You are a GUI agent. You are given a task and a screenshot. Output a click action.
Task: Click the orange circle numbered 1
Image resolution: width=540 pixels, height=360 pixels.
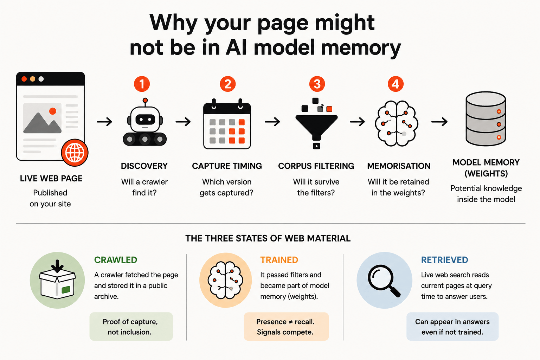[142, 84]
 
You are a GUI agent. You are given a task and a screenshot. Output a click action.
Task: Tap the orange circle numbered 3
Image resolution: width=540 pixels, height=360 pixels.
[317, 84]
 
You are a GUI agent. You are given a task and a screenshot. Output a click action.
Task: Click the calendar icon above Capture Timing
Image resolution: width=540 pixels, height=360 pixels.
[227, 124]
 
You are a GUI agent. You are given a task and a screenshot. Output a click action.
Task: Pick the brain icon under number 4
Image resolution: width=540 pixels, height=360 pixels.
[396, 123]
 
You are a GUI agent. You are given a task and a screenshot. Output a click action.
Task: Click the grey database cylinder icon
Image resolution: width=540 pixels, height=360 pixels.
[486, 118]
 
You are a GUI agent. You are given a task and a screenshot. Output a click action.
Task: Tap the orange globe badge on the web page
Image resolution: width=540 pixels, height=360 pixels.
[75, 153]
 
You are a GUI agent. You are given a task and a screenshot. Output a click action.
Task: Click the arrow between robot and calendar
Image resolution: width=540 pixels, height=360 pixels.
[183, 122]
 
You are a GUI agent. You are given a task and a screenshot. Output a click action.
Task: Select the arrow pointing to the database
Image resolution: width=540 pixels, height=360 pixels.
[439, 122]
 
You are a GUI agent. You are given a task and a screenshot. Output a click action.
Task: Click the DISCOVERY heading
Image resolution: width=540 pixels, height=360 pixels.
[144, 166]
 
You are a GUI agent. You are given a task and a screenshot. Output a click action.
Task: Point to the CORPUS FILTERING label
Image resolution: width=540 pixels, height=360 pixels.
[316, 166]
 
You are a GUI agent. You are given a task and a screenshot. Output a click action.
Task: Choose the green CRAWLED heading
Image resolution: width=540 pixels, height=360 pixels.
[115, 260]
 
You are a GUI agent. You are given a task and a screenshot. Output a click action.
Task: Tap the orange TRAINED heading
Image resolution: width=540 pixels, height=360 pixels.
[279, 260]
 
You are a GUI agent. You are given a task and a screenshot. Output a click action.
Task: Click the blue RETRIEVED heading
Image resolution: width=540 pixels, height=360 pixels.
[444, 260]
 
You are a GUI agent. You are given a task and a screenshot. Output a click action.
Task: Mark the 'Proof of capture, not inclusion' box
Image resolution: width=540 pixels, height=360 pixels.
[131, 327]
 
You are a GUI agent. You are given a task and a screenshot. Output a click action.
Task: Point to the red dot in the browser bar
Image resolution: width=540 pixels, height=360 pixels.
[24, 79]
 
